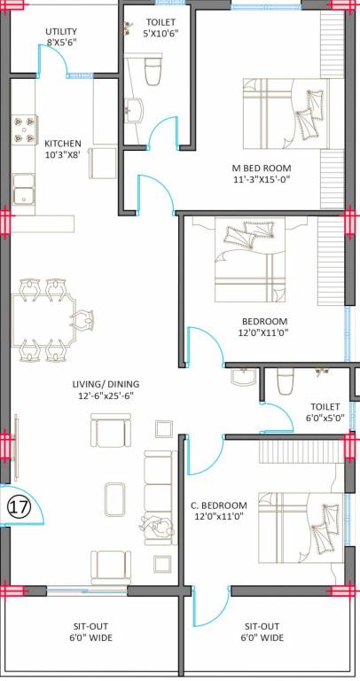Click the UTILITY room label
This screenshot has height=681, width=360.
pos(61,31)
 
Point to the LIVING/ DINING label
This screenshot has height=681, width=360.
pos(106,384)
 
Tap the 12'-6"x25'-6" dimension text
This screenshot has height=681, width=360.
pos(106,396)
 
